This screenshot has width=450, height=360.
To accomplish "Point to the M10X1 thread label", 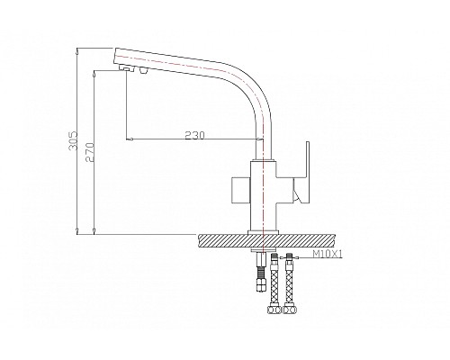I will coord(329,256).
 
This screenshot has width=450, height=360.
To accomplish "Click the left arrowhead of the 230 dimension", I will coord(132,140).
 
